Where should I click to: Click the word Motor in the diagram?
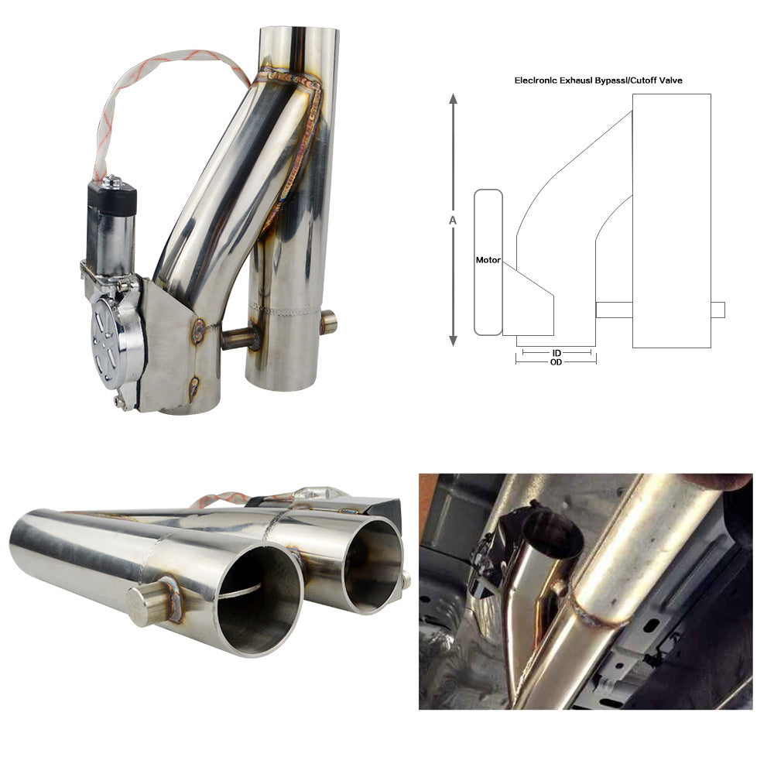(x=488, y=260)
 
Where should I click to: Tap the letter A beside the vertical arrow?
(x=453, y=220)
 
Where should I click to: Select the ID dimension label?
(x=557, y=353)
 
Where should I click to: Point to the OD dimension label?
(x=556, y=362)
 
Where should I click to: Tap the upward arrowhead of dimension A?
(x=454, y=98)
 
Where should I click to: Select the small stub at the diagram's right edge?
(x=717, y=310)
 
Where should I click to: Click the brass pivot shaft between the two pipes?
(x=239, y=339)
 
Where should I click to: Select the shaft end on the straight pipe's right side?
(x=328, y=321)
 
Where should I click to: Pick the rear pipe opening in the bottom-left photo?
(x=372, y=561)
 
